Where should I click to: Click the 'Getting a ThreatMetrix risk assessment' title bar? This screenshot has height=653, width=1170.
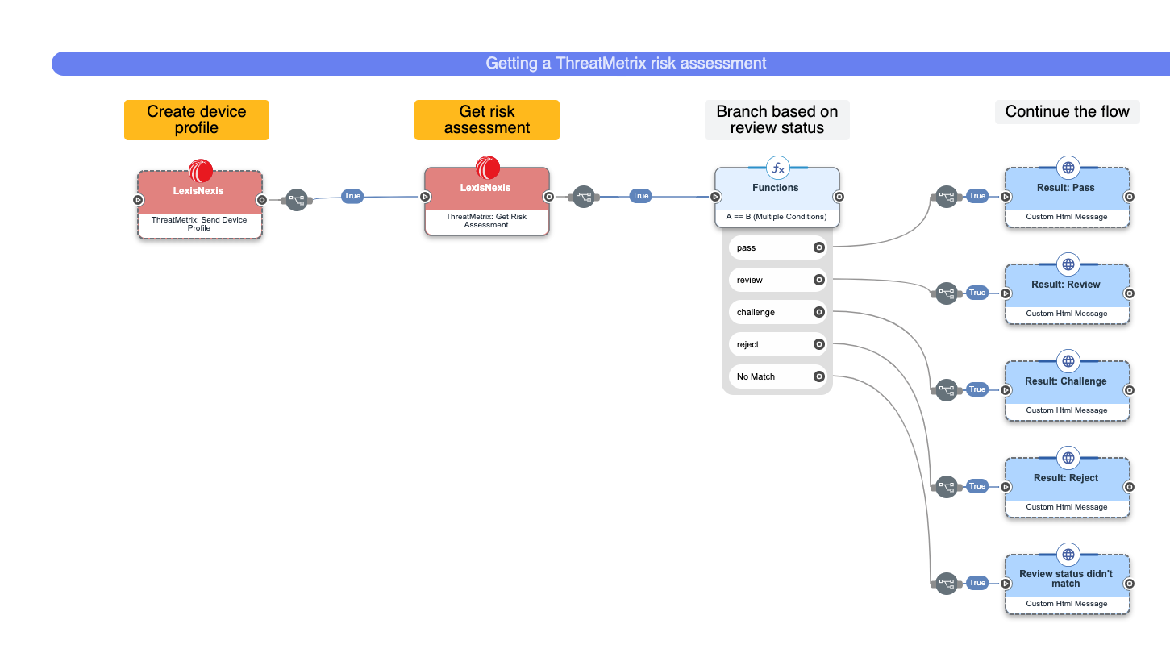pyautogui.click(x=625, y=63)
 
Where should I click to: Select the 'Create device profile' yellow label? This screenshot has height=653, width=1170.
pyautogui.click(x=196, y=119)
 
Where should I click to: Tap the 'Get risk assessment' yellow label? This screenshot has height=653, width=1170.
pyautogui.click(x=486, y=119)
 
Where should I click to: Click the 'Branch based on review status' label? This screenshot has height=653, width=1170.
pyautogui.click(x=777, y=119)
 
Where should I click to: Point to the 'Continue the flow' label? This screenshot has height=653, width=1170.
pyautogui.click(x=1067, y=112)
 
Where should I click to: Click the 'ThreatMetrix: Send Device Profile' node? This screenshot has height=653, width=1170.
pyautogui.click(x=199, y=205)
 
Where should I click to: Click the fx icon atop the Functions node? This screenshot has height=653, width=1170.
pyautogui.click(x=777, y=168)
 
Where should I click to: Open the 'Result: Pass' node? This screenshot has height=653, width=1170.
pyautogui.click(x=1067, y=197)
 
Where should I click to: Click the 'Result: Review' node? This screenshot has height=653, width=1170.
pyautogui.click(x=1067, y=293)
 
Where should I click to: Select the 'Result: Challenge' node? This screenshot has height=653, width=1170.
pyautogui.click(x=1067, y=390)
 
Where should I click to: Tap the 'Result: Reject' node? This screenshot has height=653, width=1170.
pyautogui.click(x=1067, y=487)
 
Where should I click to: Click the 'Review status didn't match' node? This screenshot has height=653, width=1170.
pyautogui.click(x=1067, y=584)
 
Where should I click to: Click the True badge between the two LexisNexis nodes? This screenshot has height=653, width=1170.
pyautogui.click(x=352, y=196)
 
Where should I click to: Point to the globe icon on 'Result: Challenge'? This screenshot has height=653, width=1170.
pyautogui.click(x=1068, y=361)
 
